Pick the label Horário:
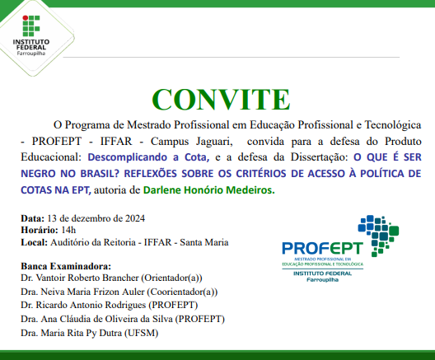click(x=37, y=230)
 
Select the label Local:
click(x=34, y=242)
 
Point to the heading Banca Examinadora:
click(x=64, y=267)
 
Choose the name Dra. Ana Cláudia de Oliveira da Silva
click(x=94, y=318)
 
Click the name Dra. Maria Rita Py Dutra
click(x=69, y=332)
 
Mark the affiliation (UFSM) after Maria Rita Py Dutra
click(x=138, y=332)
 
